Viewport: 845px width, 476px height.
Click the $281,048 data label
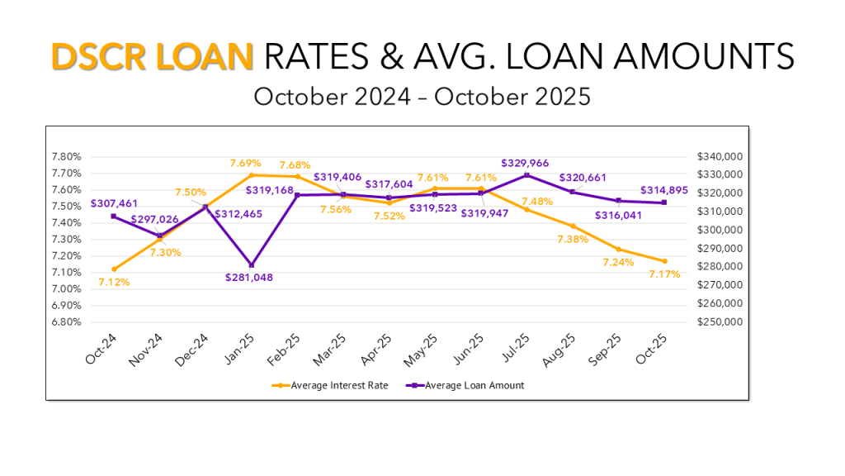(x=248, y=278)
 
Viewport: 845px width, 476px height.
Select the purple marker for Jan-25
(x=251, y=264)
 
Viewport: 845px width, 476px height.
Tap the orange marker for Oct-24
(x=113, y=269)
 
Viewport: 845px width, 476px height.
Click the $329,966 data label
(x=525, y=163)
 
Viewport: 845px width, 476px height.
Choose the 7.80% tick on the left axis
(x=66, y=156)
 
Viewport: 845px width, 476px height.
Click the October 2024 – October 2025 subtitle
(x=422, y=97)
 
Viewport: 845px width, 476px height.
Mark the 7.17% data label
(x=664, y=274)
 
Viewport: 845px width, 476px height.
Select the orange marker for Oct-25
(x=664, y=261)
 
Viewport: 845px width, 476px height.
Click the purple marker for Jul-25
(x=526, y=175)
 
